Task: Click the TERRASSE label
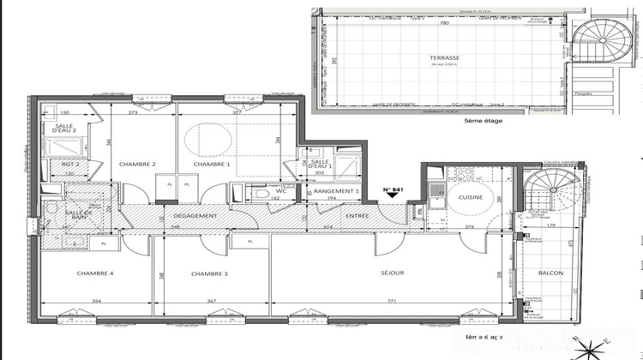pos(445,58)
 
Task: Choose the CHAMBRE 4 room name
pos(94,273)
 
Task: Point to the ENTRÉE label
pos(357,216)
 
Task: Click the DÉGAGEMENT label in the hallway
pos(195,216)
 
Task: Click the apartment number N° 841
pos(393,188)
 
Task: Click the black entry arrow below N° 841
pos(393,196)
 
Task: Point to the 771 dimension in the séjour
pos(392,302)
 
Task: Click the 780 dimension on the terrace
pos(444,24)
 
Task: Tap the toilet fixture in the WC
pos(261,194)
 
